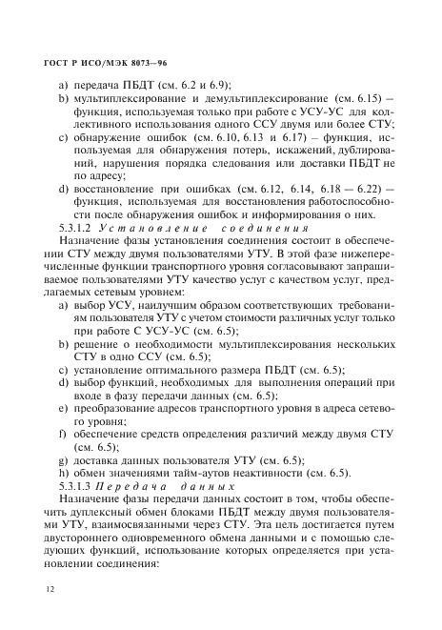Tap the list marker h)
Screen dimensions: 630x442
pos(65,472)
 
